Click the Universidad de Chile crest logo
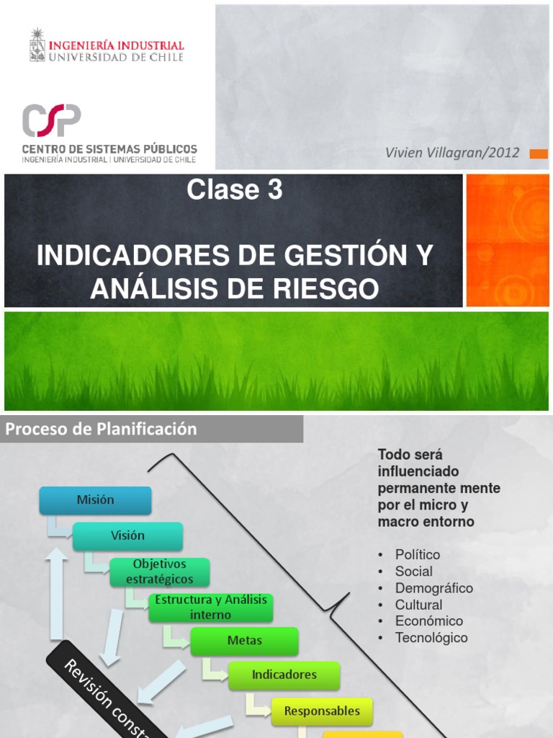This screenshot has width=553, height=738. click(37, 45)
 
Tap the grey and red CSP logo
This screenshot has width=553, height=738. click(51, 120)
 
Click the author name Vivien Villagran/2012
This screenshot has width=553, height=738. click(452, 153)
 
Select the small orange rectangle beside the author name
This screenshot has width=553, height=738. click(538, 154)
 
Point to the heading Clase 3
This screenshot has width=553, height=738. click(235, 190)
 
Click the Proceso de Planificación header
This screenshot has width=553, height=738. click(102, 429)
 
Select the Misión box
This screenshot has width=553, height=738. click(95, 500)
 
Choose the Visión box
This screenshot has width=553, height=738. click(127, 535)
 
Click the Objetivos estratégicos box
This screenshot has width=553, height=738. click(159, 572)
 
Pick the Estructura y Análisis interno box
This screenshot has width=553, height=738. click(211, 607)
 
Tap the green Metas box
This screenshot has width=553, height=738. click(244, 641)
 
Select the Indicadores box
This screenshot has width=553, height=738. click(284, 675)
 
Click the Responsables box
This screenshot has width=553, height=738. click(322, 711)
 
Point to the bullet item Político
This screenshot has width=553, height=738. click(417, 555)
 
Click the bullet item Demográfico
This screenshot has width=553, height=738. click(433, 588)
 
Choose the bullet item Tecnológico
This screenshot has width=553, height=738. click(431, 638)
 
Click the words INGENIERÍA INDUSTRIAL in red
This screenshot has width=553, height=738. click(117, 45)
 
